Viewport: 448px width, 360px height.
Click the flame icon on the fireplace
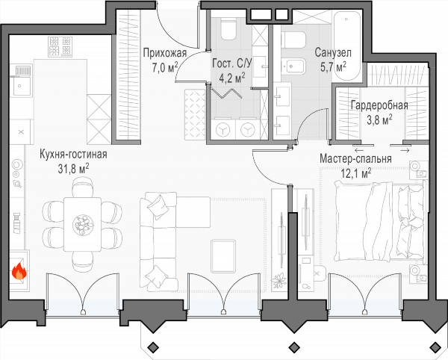19,271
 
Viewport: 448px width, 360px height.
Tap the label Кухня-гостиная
73,155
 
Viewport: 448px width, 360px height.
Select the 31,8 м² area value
73,169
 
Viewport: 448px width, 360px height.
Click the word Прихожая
165,53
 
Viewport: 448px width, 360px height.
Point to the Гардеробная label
379,105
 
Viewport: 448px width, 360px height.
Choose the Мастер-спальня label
355,159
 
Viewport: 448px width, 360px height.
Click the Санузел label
333,53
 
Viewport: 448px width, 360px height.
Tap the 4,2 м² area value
231,78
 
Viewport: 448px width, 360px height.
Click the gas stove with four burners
60,46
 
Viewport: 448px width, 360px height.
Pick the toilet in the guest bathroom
228,29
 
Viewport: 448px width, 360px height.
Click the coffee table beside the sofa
223,256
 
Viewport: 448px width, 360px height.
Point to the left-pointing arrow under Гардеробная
359,151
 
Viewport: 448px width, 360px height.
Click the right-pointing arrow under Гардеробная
405,150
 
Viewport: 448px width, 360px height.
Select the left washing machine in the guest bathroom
223,129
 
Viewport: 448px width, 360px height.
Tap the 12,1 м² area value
356,173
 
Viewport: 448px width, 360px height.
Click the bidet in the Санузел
293,67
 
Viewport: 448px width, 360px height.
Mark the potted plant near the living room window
279,280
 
